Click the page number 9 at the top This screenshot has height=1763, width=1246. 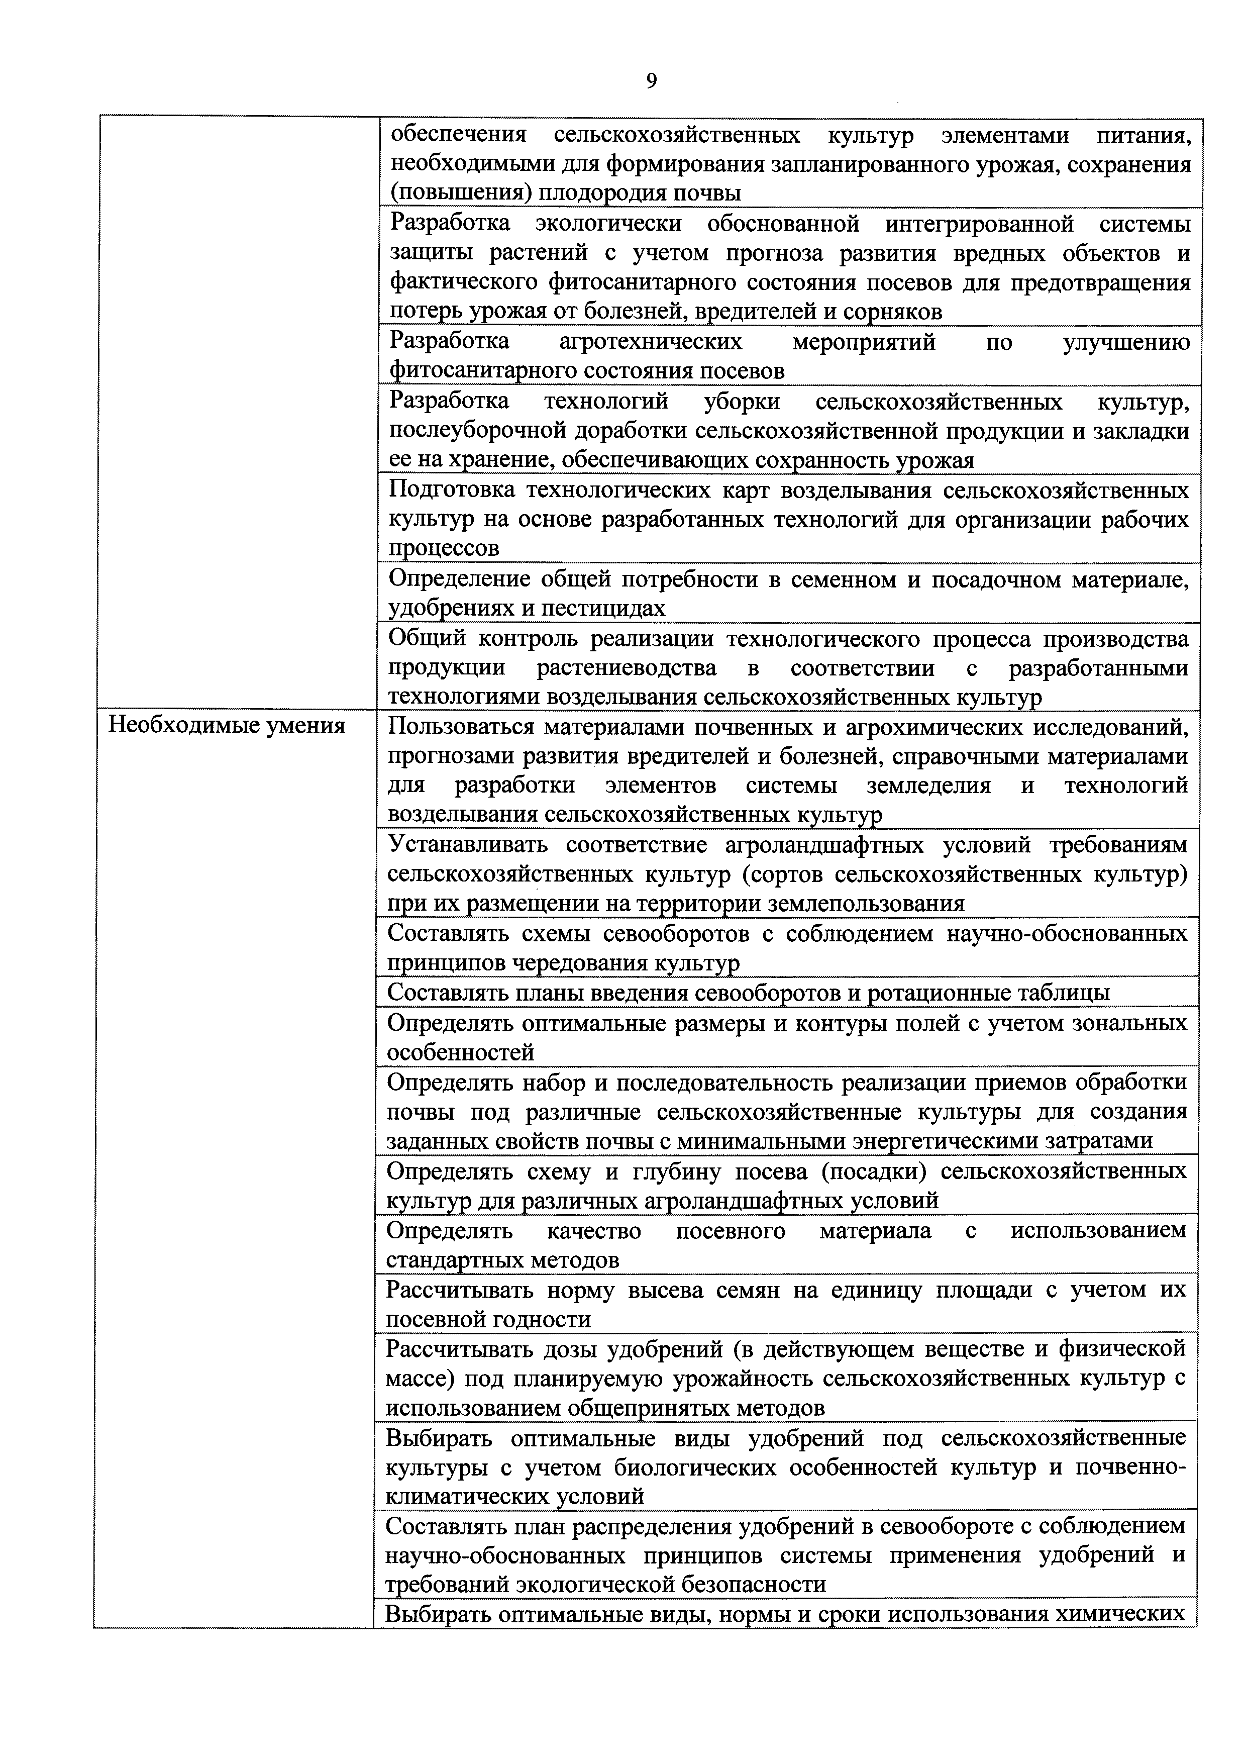click(x=651, y=80)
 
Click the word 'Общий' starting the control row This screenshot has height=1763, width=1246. click(x=427, y=639)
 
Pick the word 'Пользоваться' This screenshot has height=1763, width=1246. click(x=462, y=726)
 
